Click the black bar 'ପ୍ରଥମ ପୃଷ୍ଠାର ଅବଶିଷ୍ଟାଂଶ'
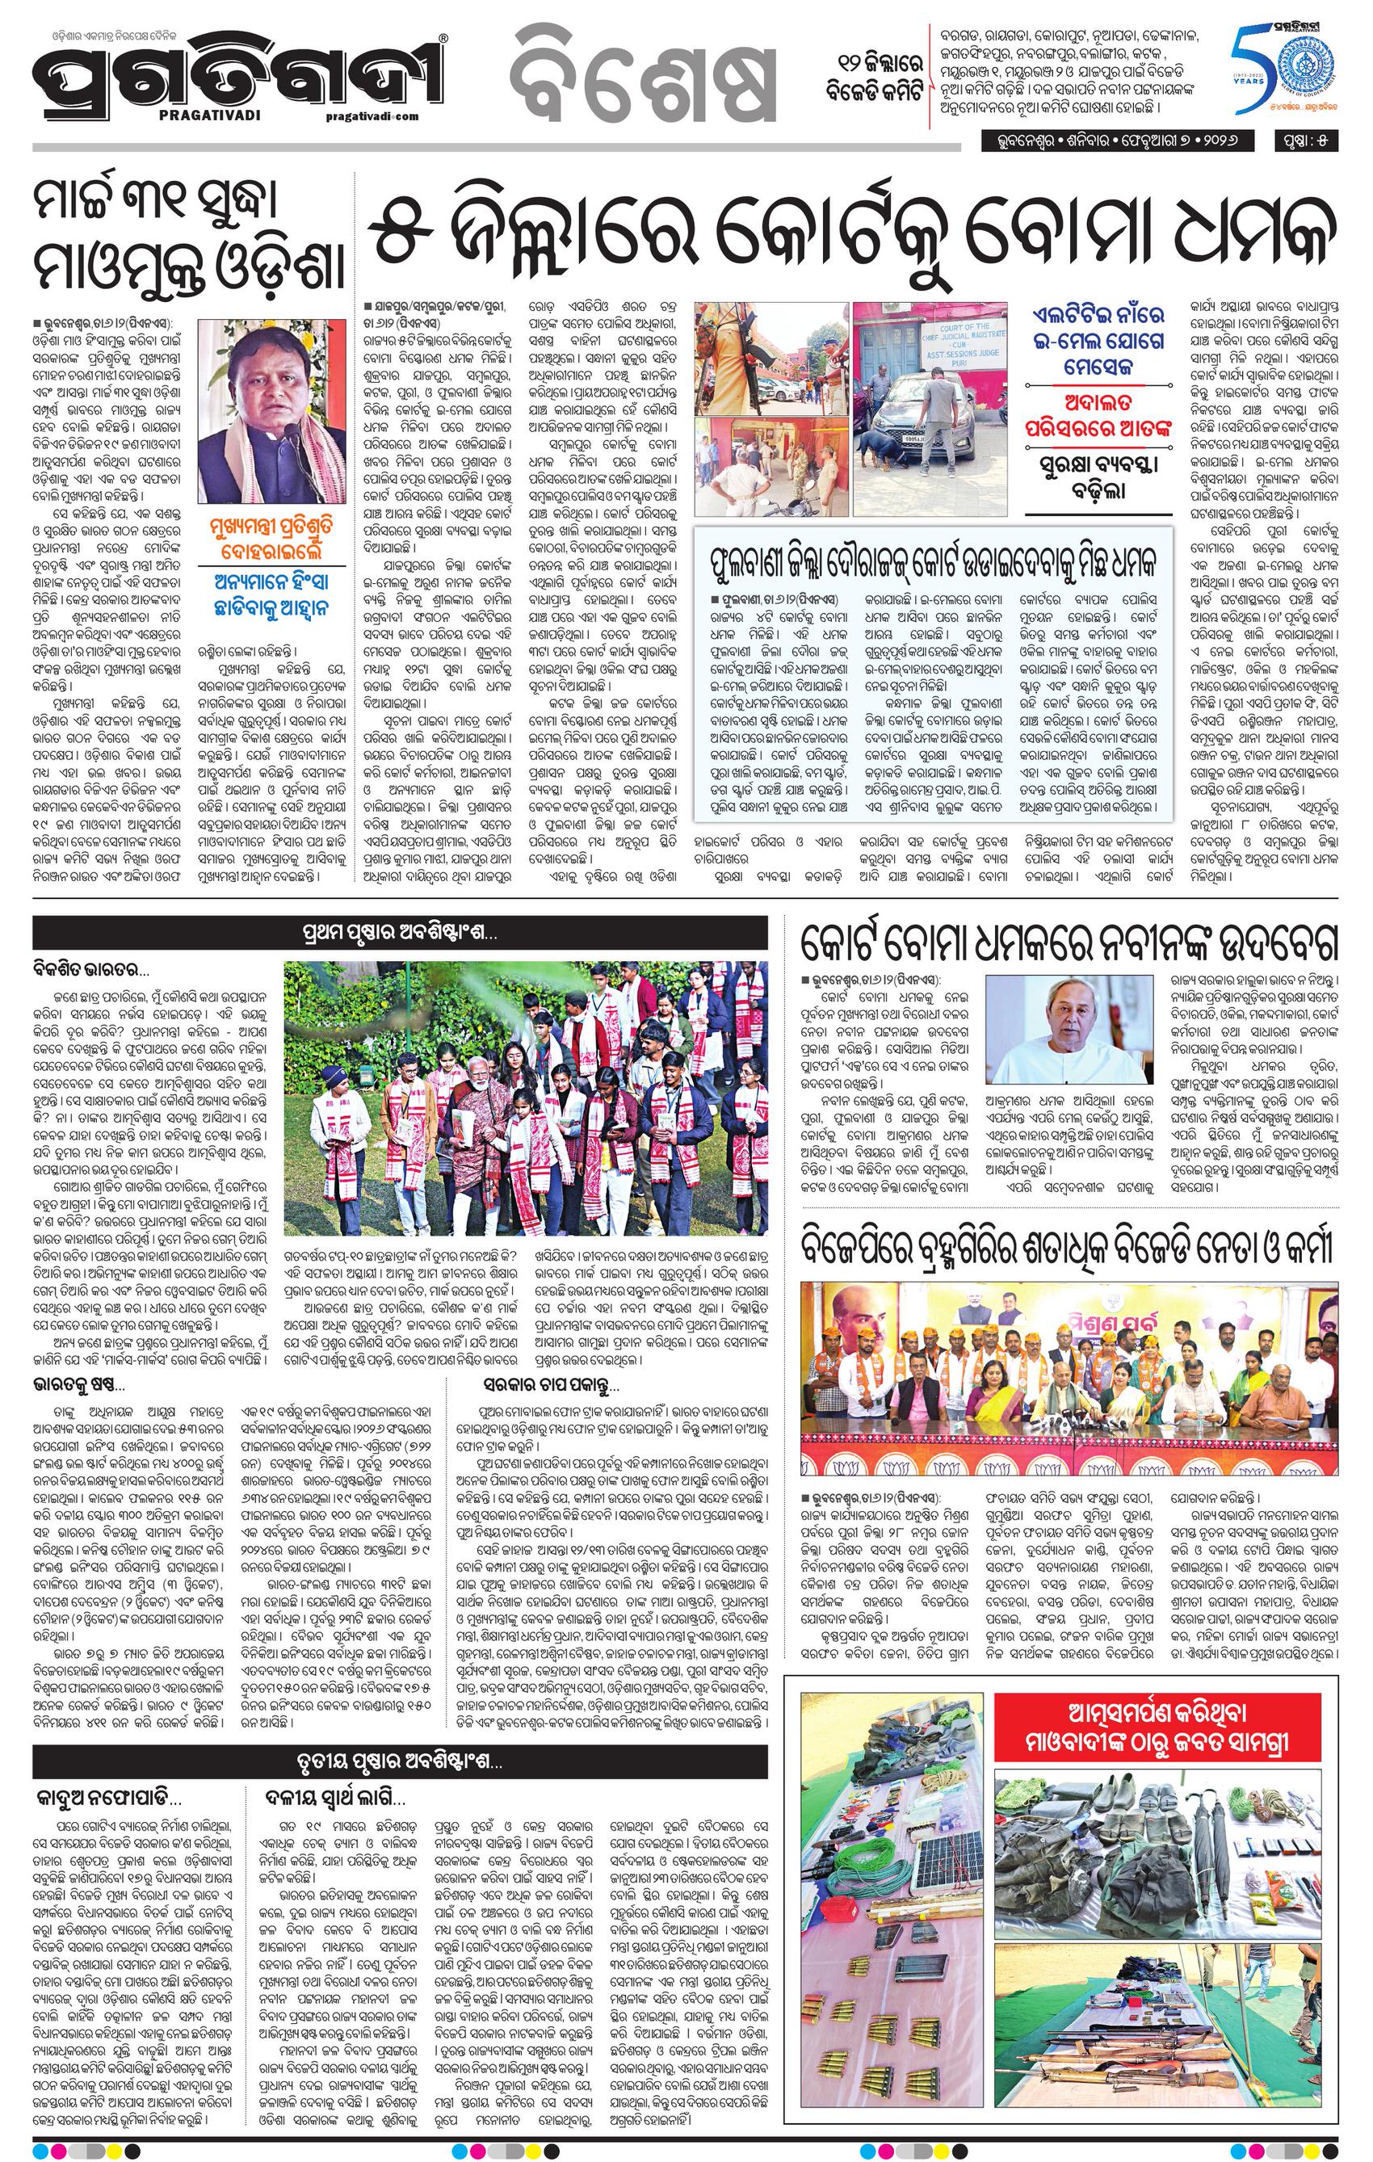(401, 933)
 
